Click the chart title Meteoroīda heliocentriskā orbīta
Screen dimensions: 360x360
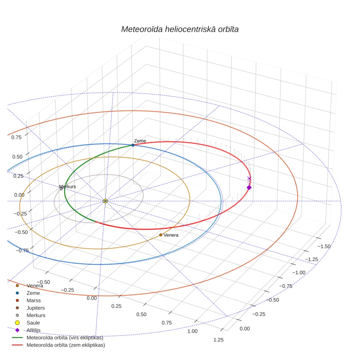pos(180,30)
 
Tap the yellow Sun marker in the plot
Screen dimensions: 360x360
pos(105,201)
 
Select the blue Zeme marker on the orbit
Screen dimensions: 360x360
pos(133,145)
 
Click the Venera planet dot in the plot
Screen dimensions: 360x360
pos(161,235)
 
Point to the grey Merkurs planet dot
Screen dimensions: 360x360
pos(61,189)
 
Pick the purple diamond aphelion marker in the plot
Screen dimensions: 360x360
pos(249,187)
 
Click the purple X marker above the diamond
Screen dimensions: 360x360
pos(249,178)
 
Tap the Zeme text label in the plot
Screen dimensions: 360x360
pos(140,141)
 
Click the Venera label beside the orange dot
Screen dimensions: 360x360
pos(171,235)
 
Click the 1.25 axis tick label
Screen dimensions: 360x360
pos(218,340)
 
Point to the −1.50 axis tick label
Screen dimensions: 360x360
pos(324,246)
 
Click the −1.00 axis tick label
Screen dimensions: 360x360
pos(299,273)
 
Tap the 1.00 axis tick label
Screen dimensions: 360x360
pos(192,331)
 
